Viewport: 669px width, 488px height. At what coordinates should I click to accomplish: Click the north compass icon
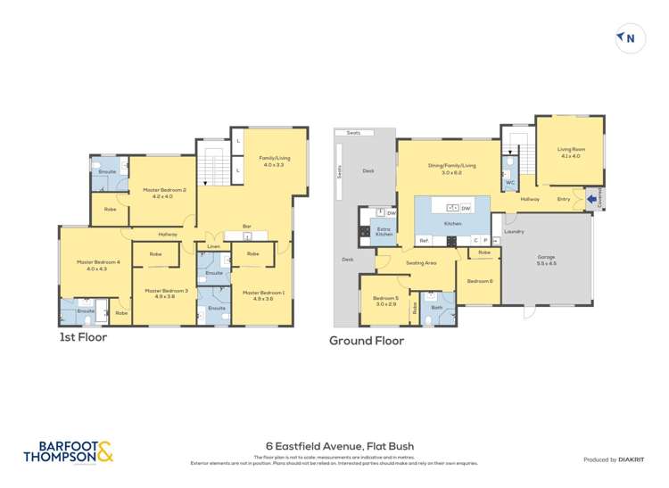(x=630, y=38)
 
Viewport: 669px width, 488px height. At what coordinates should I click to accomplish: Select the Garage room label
(x=546, y=260)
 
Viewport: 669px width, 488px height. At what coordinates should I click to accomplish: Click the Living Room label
(x=569, y=153)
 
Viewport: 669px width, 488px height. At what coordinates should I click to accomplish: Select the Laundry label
(x=514, y=232)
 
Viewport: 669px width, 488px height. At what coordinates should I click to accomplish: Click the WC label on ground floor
(x=510, y=183)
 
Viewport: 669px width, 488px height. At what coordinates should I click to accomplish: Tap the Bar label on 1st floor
(x=246, y=227)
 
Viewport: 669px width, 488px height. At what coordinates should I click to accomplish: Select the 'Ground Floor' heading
(x=367, y=341)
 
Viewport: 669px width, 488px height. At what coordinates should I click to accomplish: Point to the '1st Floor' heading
(x=83, y=337)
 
